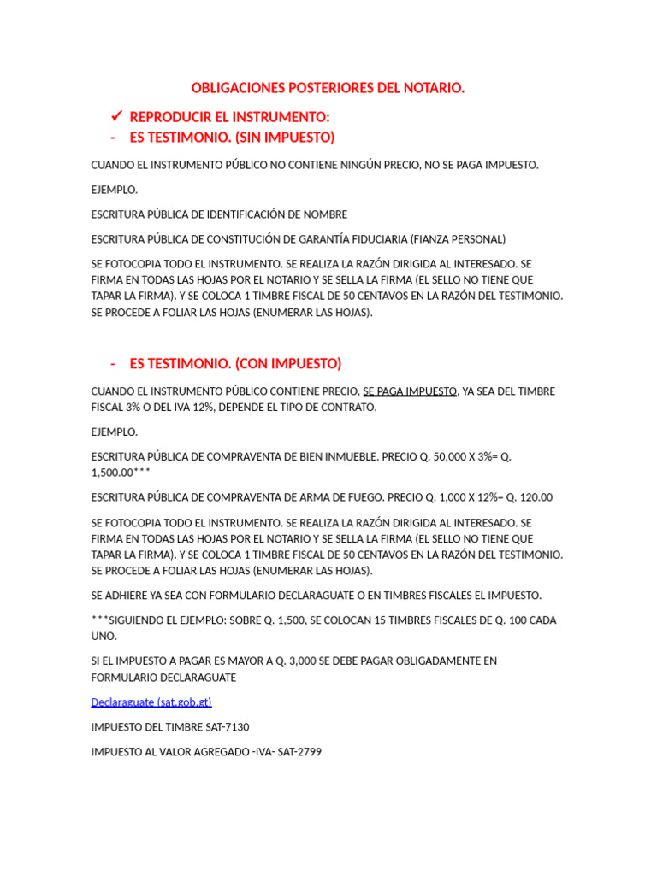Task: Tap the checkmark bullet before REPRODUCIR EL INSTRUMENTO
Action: [x=117, y=116]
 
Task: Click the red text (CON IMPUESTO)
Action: [x=287, y=363]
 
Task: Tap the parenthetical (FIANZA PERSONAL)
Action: [x=458, y=239]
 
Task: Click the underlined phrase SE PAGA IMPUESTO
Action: [x=410, y=391]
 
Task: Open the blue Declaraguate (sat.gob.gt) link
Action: [x=151, y=702]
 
